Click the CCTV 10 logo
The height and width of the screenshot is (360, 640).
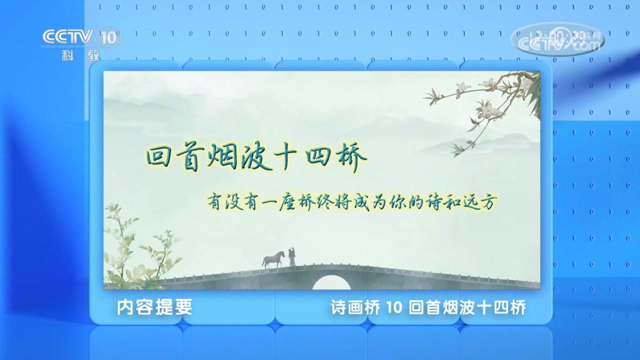click(x=80, y=37)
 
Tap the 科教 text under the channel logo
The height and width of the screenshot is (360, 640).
click(x=80, y=55)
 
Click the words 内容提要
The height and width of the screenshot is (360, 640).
click(x=154, y=307)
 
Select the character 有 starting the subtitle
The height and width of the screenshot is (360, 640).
click(x=215, y=203)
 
